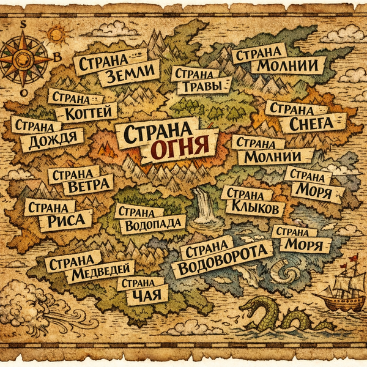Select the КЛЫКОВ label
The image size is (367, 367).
click(x=254, y=209)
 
